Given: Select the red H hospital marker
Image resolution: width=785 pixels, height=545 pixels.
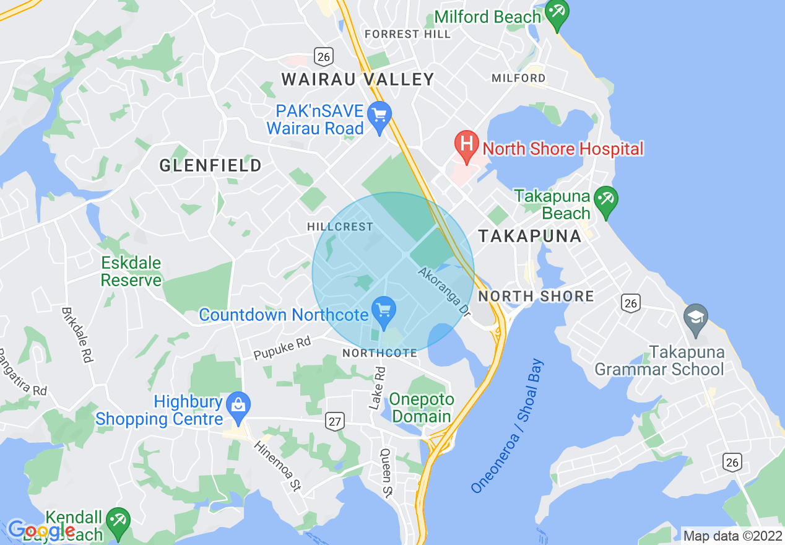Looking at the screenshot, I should click(467, 145).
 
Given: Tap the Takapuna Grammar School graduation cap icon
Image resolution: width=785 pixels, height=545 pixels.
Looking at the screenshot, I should click(696, 318).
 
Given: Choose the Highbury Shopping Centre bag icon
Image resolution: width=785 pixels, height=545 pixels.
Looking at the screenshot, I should click(237, 406).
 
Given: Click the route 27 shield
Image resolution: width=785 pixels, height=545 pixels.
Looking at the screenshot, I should click(335, 422).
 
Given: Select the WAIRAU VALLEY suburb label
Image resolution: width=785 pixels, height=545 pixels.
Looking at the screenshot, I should click(358, 79).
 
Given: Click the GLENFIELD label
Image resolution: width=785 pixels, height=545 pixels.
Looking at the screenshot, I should click(210, 165).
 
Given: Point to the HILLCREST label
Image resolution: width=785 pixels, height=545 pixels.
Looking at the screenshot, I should click(340, 227).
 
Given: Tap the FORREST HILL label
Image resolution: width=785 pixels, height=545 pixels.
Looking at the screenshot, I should click(407, 34).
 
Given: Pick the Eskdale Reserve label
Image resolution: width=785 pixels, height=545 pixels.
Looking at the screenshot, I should click(131, 271).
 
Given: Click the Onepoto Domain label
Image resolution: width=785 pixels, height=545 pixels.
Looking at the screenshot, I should click(422, 408).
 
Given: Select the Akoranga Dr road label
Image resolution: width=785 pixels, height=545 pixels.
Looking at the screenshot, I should click(445, 292).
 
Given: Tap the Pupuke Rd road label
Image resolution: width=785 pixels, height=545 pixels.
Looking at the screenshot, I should click(282, 348).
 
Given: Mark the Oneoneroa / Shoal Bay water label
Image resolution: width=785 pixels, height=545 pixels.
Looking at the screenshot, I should click(507, 426).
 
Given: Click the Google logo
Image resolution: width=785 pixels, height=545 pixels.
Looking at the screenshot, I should click(41, 530).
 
